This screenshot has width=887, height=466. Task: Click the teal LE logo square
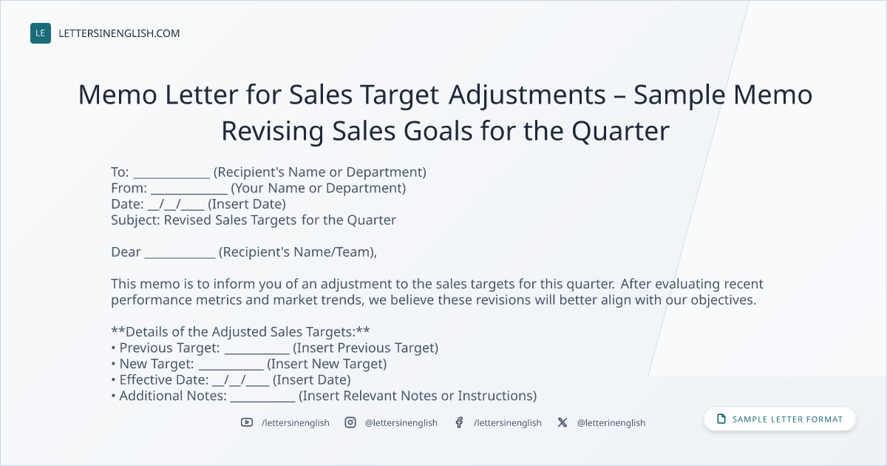pos(41,33)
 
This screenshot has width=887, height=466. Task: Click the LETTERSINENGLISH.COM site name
pos(119,33)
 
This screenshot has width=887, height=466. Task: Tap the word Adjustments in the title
pos(527,96)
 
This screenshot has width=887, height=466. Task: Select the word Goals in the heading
pos(438,131)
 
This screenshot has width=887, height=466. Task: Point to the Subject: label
pos(135,220)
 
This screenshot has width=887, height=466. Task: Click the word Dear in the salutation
pos(126,252)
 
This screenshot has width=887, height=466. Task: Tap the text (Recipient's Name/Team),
pos(298,252)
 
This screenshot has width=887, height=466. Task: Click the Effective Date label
pos(164,379)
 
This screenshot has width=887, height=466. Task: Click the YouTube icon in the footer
pos(247,422)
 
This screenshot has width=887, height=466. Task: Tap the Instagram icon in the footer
pos(350,422)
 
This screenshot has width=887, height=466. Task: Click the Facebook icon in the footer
pos(459,422)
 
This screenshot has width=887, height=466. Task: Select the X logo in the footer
pos(563,422)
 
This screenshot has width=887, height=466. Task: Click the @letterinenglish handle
pos(611,423)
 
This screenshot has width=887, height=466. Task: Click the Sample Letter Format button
pos(780,419)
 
